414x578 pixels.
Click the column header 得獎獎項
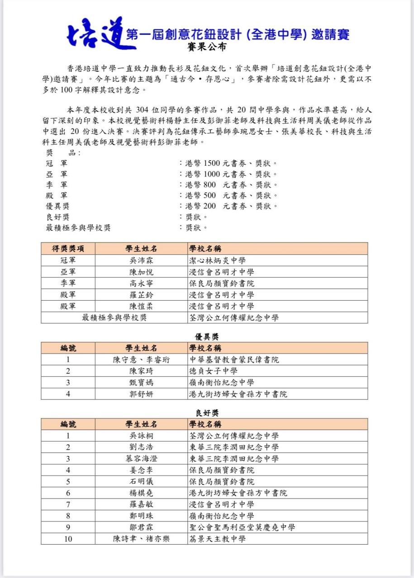[68, 249]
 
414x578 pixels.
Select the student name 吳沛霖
[141, 261]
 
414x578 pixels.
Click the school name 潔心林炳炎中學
[217, 261]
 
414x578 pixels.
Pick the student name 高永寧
[141, 284]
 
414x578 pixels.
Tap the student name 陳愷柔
[141, 306]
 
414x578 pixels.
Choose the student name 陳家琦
[141, 371]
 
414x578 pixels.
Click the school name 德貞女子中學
[213, 371]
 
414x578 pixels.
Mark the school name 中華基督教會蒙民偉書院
[234, 360]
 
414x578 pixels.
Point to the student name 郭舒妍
[141, 394]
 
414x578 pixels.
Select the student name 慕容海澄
[141, 459]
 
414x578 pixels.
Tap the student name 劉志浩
[141, 447]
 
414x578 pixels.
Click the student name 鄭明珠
[141, 516]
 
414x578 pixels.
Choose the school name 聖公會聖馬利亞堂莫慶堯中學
[242, 527]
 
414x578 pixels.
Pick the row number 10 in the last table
[68, 539]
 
